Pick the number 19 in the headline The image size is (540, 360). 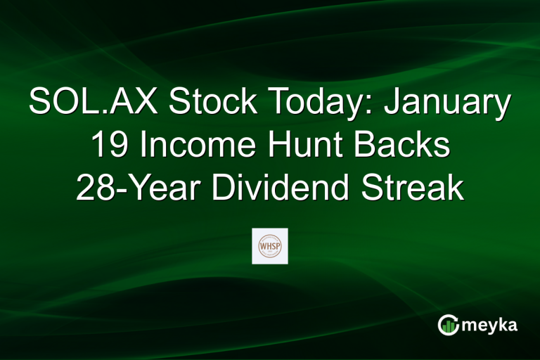click(x=109, y=146)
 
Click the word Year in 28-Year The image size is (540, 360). click(x=155, y=188)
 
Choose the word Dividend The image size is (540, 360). click(x=271, y=188)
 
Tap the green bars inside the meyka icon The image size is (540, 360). click(x=449, y=326)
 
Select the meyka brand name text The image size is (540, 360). click(x=492, y=325)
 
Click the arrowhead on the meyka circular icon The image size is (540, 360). click(x=456, y=318)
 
